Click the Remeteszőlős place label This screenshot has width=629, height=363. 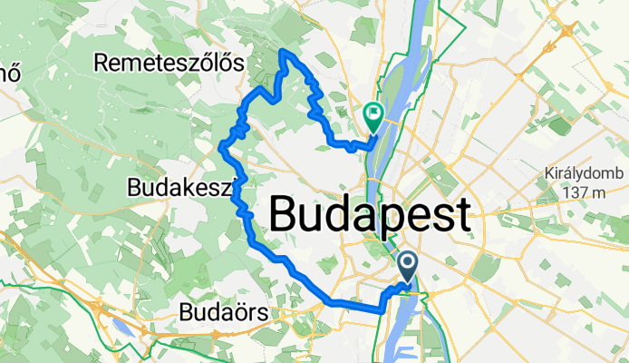click(x=169, y=64)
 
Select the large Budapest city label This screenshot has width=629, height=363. click(x=370, y=216)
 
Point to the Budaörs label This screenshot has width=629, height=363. click(x=223, y=312)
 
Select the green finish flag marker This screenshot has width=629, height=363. click(x=373, y=115)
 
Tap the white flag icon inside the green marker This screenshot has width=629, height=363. click(x=373, y=113)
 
